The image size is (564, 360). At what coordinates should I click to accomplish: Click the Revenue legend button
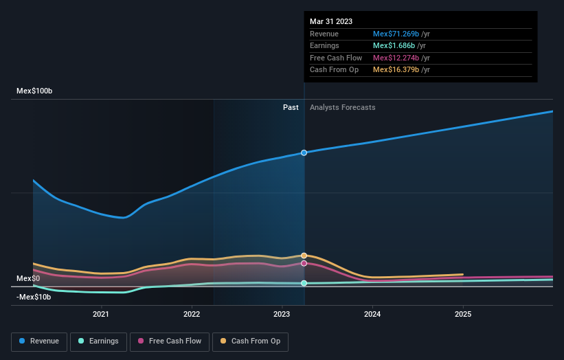pos(40,341)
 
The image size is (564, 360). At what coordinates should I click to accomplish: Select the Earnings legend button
pos(98,341)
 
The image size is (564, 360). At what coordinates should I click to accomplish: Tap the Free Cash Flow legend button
pos(170,341)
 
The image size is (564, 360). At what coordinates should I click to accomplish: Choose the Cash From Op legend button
pos(251,341)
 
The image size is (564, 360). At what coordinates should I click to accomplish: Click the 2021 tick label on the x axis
pos(101,315)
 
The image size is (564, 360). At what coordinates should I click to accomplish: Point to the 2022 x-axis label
pos(192,315)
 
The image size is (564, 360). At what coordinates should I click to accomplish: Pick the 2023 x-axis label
pos(282,315)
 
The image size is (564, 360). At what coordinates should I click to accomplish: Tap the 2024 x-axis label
pos(372,315)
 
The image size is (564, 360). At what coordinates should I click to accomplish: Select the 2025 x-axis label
pos(463,315)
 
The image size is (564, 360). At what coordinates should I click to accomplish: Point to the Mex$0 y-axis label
pos(28,278)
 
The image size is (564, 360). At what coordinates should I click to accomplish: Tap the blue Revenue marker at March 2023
pos(304,153)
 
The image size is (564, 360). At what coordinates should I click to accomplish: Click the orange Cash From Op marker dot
pos(304,256)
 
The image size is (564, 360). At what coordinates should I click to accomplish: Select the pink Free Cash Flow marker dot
pos(304,263)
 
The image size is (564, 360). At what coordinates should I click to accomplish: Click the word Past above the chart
pos(291,107)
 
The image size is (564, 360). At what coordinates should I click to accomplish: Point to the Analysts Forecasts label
pos(343,107)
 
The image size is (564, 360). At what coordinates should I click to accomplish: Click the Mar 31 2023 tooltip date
pos(331,21)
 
